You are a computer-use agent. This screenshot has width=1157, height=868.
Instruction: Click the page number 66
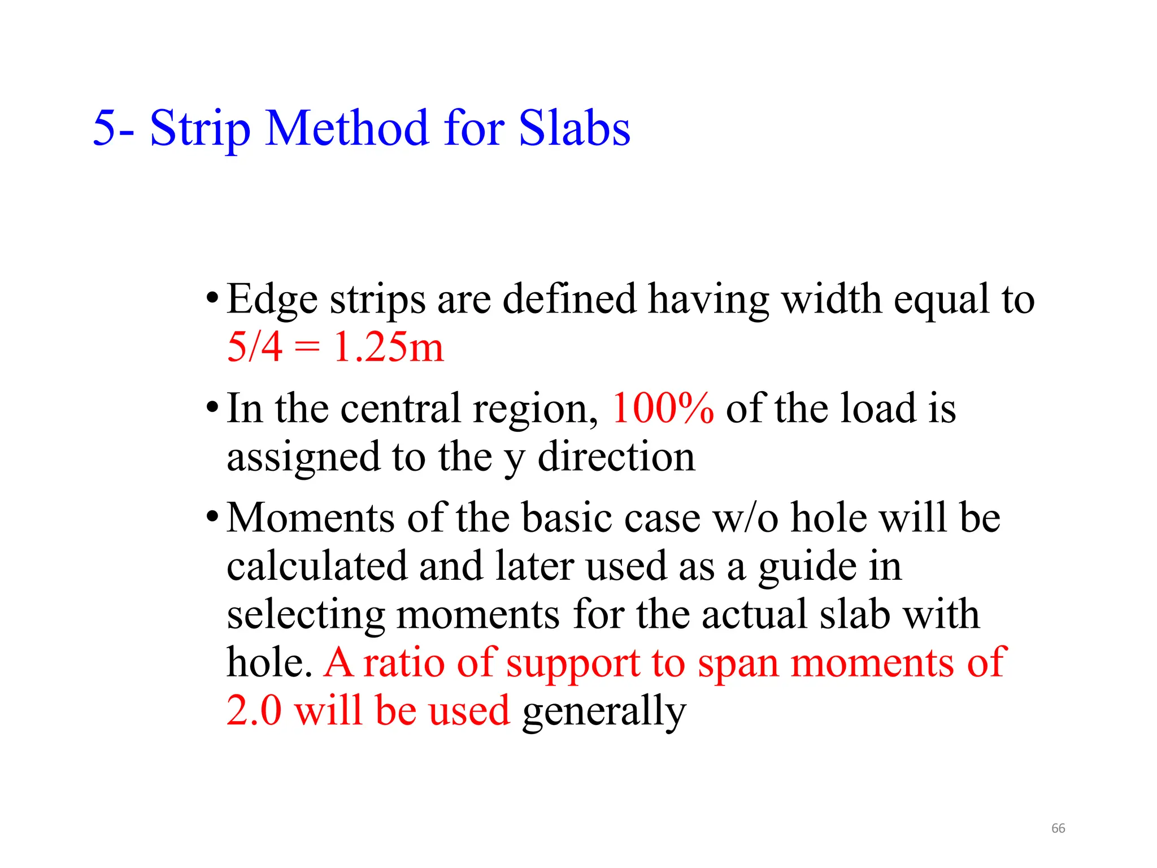(x=1058, y=828)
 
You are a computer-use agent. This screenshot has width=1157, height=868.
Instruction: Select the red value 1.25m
(x=389, y=346)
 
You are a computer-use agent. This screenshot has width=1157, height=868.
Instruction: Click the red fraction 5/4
(x=254, y=346)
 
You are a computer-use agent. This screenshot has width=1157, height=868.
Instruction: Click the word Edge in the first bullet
(x=272, y=300)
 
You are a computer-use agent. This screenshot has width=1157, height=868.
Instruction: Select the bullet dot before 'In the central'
(x=212, y=407)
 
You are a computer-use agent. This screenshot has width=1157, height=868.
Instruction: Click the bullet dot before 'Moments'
(x=212, y=516)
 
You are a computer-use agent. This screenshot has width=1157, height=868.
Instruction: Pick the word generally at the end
(x=604, y=712)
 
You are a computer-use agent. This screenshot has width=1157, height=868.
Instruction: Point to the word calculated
(x=317, y=566)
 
